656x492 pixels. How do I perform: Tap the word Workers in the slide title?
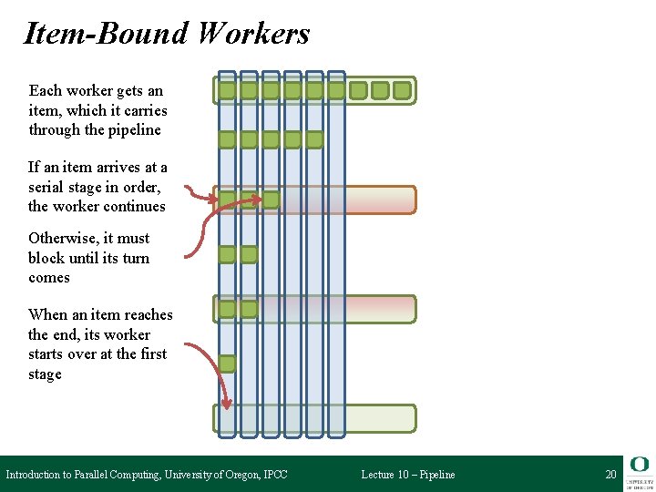point(252,34)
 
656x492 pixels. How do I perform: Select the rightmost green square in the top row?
point(402,90)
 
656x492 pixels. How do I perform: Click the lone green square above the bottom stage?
point(227,364)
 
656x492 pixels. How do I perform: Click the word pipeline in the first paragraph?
point(135,129)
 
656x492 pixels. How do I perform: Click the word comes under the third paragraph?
point(49,278)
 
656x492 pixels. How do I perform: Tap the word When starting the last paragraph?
point(47,314)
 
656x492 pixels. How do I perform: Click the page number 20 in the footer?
point(610,475)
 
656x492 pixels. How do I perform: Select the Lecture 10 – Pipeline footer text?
point(407,475)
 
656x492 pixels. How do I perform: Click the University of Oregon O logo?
point(639,465)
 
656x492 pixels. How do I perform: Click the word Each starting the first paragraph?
point(46,90)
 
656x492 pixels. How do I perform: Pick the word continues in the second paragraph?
point(136,206)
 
